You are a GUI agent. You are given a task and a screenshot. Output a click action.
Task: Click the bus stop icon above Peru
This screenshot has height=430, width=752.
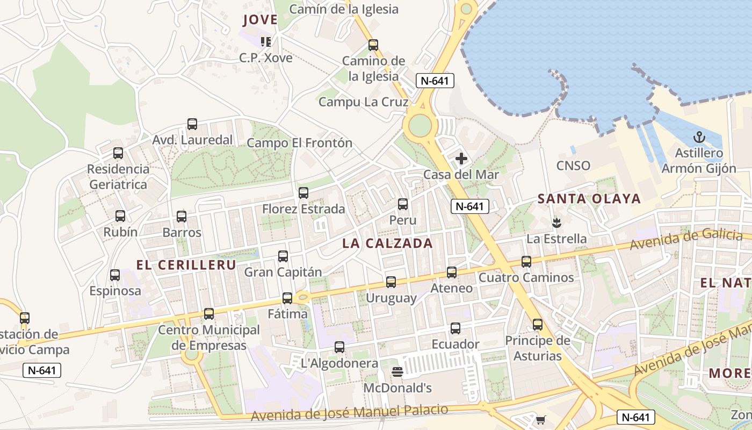(x=403, y=204)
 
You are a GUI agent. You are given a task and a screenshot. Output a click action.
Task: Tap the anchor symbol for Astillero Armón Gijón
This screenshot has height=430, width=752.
(x=699, y=137)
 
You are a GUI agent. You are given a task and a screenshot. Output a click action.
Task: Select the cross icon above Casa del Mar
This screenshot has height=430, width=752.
(x=461, y=159)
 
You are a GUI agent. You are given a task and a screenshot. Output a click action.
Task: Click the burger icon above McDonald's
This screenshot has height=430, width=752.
(x=397, y=371)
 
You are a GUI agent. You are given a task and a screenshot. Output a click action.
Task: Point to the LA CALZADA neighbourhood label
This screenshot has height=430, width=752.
(x=387, y=243)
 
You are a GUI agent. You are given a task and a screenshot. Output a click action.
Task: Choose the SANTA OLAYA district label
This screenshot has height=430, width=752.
(x=589, y=199)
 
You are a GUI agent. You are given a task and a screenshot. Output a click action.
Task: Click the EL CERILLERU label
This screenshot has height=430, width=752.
(x=186, y=265)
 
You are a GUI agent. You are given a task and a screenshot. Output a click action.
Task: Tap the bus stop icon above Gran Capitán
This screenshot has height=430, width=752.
(x=283, y=256)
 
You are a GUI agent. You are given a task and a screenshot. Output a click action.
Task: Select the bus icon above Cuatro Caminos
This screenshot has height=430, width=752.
(x=526, y=262)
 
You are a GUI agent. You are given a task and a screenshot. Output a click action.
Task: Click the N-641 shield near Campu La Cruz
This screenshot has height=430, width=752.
(x=435, y=81)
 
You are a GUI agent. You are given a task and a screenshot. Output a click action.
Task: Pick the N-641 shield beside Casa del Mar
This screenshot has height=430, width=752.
(x=469, y=206)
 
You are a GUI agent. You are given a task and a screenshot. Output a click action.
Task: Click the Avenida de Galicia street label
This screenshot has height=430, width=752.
(x=686, y=240)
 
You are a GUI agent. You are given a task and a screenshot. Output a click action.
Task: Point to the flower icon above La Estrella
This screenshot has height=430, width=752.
(x=556, y=222)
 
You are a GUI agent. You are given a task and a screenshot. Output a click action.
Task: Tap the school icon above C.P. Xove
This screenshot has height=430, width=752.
(x=265, y=41)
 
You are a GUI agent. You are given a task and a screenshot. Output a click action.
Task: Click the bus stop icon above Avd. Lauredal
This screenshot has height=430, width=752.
(x=192, y=124)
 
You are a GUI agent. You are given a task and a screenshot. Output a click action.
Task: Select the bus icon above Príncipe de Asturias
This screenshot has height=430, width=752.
(x=538, y=325)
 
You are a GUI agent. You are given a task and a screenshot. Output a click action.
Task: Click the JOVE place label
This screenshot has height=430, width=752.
(x=260, y=20)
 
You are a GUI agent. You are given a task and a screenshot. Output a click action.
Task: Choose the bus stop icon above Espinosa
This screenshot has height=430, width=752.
(x=115, y=275)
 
